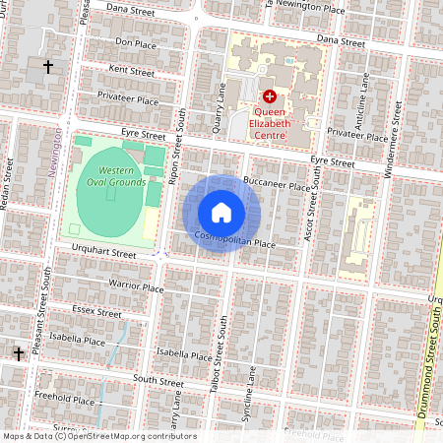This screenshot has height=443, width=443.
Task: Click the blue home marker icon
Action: (x=221, y=213)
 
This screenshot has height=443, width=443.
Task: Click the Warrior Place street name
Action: (x=135, y=286)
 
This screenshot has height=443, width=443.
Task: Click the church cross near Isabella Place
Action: (x=18, y=352)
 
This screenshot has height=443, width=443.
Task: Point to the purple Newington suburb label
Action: (x=55, y=149)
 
